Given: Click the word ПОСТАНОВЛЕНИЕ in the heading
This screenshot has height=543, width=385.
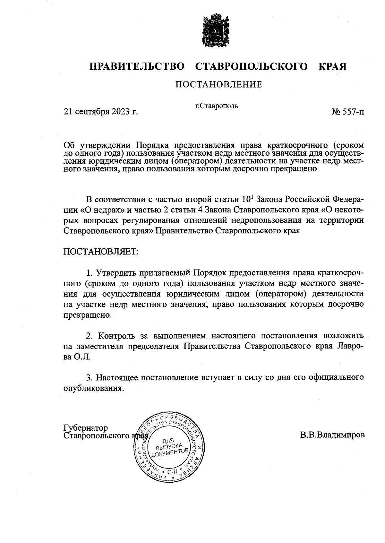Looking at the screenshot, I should pos(218,84).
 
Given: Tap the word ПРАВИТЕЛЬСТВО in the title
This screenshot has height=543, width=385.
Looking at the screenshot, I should pos(137,66).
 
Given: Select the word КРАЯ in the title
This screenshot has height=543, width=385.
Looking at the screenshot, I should pos(332,66).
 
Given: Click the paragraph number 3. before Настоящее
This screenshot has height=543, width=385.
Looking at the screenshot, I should pos(89,377).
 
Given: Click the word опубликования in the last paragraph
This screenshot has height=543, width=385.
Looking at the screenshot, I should pos(93,388).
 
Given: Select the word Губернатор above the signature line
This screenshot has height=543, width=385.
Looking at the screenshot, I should pos(86,428).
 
